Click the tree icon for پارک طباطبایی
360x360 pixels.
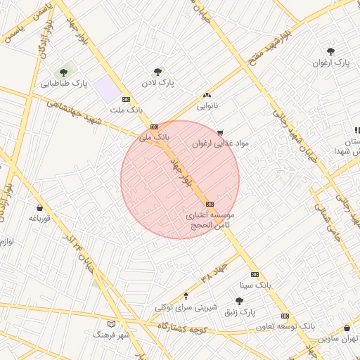64,72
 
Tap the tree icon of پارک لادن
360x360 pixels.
157,72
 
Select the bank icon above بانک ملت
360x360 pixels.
126,99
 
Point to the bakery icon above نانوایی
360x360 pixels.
207,96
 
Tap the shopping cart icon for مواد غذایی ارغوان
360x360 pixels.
220,132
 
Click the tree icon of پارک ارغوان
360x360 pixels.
330,51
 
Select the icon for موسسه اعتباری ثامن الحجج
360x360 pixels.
209,203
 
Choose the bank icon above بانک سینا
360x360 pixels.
255,274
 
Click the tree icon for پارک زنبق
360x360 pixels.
239,301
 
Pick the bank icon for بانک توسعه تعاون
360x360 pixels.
285,316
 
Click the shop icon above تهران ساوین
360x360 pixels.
347,328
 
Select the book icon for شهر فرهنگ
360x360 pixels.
110,324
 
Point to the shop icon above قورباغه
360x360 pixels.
39,207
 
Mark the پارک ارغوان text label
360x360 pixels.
331,63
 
